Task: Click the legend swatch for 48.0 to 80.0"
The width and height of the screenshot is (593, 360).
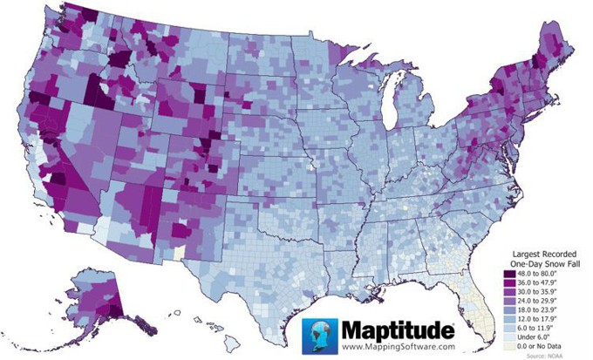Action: coord(514,273)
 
